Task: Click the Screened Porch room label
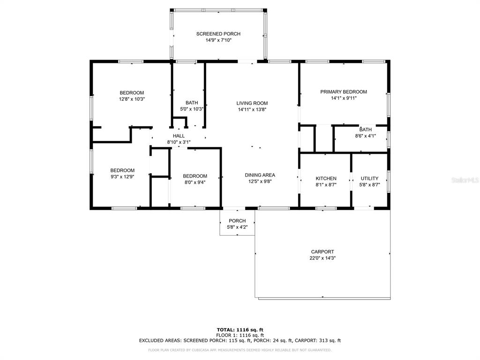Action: [218, 34]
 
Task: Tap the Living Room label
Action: [252, 103]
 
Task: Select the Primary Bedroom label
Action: [344, 92]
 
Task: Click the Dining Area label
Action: [260, 175]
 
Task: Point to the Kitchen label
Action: [326, 179]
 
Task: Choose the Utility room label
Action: [369, 179]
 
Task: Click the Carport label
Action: [322, 252]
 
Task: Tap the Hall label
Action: [179, 136]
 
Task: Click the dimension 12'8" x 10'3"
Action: [132, 99]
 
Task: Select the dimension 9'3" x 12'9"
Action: [122, 177]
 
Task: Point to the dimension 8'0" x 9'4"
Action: [195, 182]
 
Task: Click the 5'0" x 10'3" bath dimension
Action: [192, 109]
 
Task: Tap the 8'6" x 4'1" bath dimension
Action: [365, 136]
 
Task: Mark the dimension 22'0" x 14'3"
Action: [322, 258]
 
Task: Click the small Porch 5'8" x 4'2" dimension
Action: [237, 227]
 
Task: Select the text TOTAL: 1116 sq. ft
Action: [240, 330]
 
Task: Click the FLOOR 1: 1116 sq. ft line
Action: [240, 335]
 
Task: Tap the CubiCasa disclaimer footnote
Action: [240, 350]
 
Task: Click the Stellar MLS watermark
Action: [465, 180]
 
